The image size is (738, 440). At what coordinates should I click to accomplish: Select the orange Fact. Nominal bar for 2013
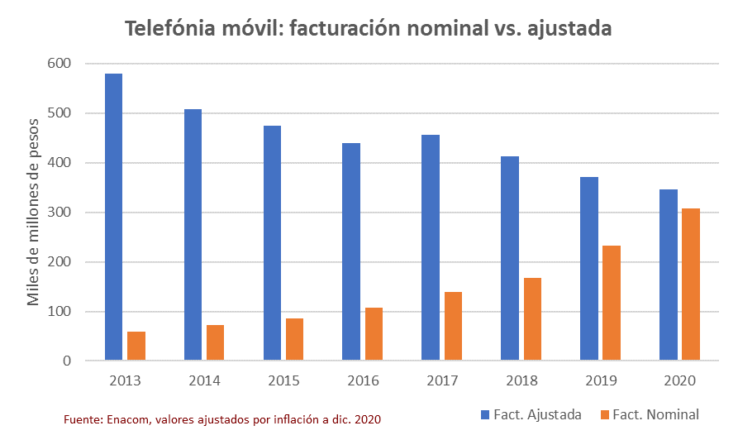(x=136, y=346)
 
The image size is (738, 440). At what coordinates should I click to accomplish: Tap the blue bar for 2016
(x=351, y=251)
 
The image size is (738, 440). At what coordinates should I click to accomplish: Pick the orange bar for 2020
(x=691, y=285)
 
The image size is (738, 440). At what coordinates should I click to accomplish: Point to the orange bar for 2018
(x=532, y=319)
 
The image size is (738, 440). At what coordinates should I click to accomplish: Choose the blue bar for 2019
(x=589, y=269)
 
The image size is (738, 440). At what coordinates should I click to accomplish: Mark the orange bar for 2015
(x=295, y=339)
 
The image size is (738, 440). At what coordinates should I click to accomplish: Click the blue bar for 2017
(x=431, y=247)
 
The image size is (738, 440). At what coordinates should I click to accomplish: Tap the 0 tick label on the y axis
(x=66, y=361)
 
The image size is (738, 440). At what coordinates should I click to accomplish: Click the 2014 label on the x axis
(x=203, y=381)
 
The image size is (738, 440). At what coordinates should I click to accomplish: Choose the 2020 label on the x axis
(x=679, y=381)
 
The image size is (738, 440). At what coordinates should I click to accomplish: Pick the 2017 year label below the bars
(x=441, y=381)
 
